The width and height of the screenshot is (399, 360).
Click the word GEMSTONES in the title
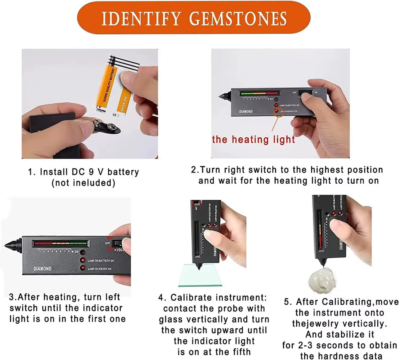[x=239, y=18]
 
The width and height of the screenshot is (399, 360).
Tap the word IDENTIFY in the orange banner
[x=141, y=18]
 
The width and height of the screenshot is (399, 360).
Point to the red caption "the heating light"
[x=253, y=140]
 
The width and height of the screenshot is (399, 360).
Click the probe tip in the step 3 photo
[x=8, y=245]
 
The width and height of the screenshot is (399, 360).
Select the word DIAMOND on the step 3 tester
[x=42, y=269]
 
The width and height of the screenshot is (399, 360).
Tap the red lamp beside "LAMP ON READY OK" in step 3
[x=83, y=268]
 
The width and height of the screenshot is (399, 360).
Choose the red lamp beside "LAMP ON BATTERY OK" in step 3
[x=83, y=260]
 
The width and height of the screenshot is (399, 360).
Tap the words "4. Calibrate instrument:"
[x=212, y=298]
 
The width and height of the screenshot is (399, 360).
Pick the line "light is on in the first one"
[x=67, y=319]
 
